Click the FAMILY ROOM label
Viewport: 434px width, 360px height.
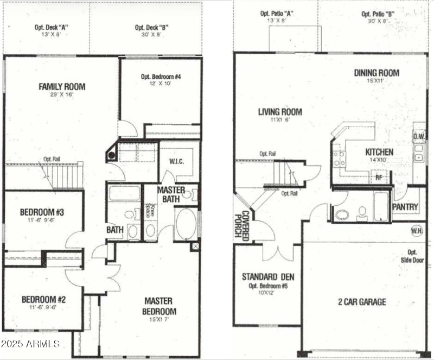(62, 86)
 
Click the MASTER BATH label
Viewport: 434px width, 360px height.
(171, 195)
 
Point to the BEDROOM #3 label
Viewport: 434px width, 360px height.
(42, 212)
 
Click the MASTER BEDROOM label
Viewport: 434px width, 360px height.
(158, 306)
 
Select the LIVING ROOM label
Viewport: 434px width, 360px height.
(280, 112)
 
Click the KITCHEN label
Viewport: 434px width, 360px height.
(379, 152)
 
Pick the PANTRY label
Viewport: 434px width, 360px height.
(405, 207)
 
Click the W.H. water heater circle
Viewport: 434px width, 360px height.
(417, 230)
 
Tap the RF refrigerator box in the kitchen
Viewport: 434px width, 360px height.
(378, 176)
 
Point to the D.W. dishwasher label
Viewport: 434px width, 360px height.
(418, 136)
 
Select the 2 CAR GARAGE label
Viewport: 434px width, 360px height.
(362, 301)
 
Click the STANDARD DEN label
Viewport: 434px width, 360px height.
(267, 276)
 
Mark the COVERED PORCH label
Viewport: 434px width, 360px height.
(241, 225)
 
